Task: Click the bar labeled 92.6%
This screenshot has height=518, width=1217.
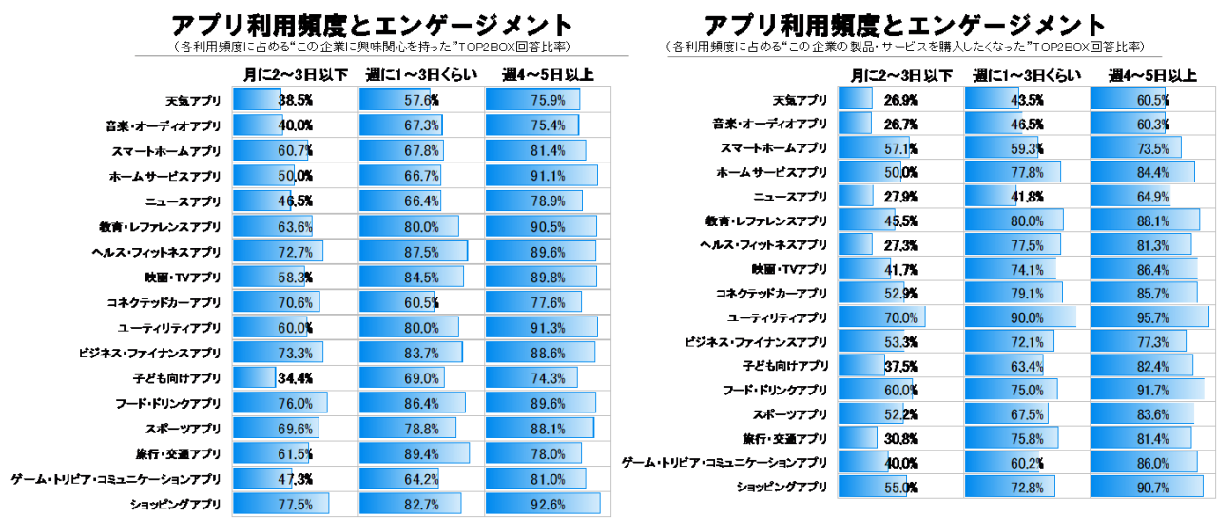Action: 542,503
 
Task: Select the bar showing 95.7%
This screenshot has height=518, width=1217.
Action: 1149,317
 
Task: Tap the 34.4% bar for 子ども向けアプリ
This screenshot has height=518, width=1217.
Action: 254,378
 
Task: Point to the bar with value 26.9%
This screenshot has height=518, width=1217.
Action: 856,100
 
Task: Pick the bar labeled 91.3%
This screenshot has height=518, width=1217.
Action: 541,329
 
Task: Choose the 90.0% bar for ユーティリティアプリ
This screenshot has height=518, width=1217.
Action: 1020,317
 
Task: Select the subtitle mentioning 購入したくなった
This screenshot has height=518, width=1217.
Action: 904,47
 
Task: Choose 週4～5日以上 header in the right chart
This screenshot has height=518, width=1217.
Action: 1149,76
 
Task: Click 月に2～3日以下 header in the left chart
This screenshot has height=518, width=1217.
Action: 295,75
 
